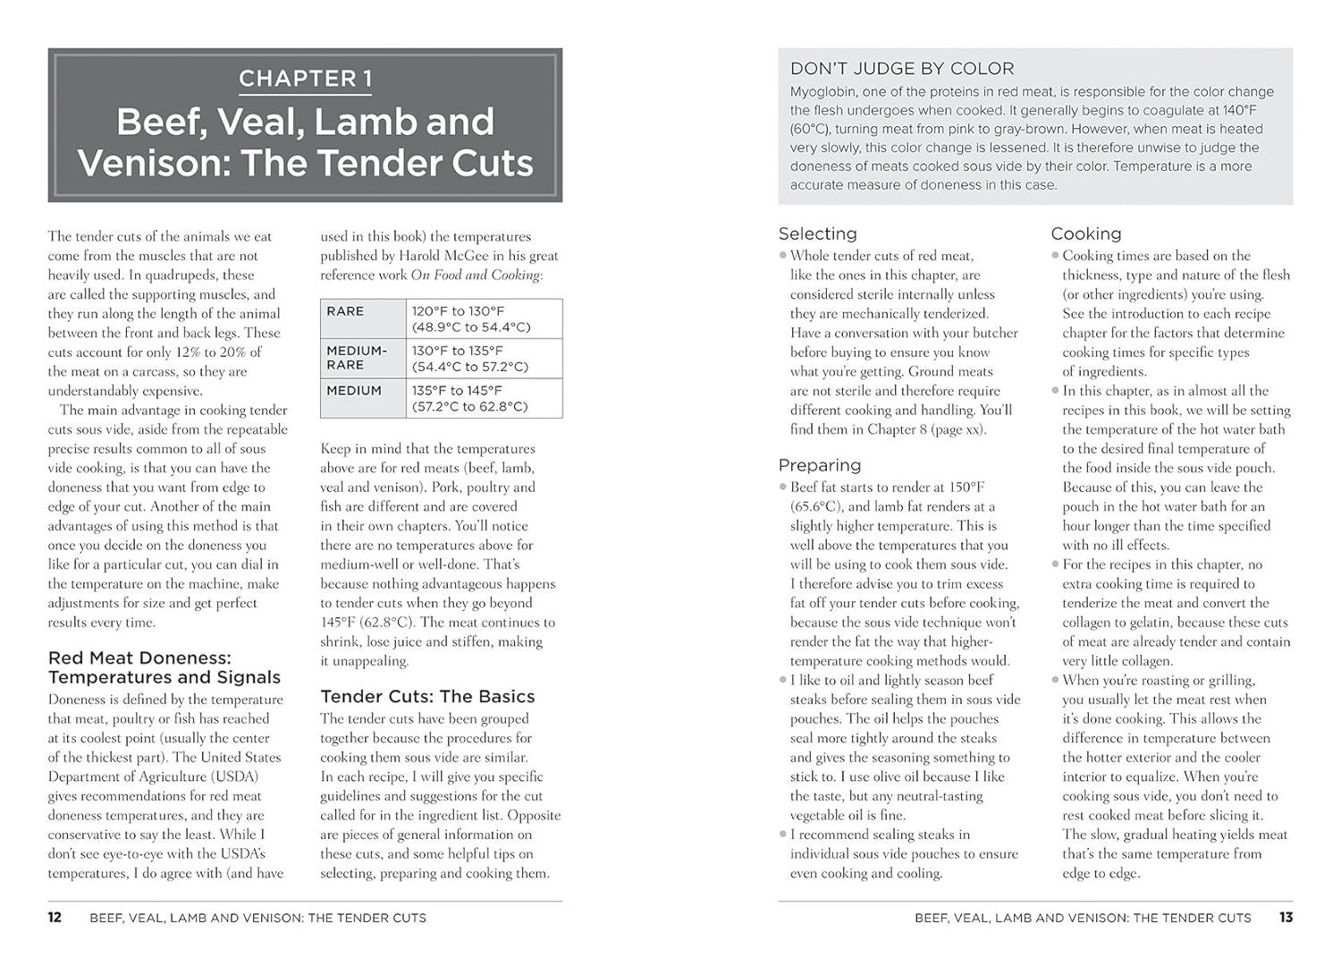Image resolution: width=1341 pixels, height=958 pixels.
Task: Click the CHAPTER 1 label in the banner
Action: [x=305, y=79]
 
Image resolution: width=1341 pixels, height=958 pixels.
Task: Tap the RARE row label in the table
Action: [x=345, y=311]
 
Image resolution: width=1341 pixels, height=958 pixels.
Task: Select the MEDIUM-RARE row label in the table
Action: [x=357, y=358]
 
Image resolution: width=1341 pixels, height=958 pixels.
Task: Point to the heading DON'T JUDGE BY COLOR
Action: [x=901, y=69]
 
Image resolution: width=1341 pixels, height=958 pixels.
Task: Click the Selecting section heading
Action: [x=817, y=233]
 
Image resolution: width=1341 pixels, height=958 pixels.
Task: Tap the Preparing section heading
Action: [x=819, y=465]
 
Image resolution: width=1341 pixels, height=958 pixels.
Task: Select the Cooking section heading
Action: [x=1085, y=233]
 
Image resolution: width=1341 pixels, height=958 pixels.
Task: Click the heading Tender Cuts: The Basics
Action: [x=427, y=697]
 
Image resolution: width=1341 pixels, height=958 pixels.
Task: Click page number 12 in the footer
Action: [x=55, y=918]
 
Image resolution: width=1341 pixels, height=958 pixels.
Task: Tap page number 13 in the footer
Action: [x=1286, y=918]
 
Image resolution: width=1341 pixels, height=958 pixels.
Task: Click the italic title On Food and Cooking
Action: [x=476, y=276]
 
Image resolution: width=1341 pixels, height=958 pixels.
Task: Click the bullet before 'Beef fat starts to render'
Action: [x=783, y=487]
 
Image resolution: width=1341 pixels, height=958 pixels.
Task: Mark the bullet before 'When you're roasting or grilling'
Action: [x=1056, y=680]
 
